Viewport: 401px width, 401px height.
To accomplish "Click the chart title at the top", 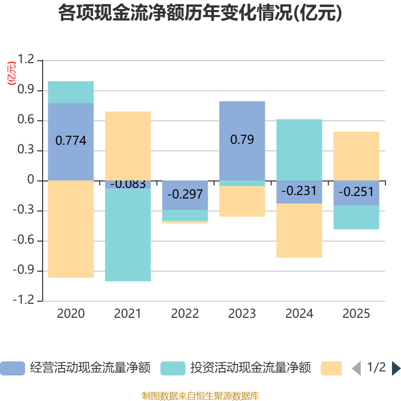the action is [x=200, y=13].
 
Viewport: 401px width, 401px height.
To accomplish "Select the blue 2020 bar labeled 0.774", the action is [x=71, y=142].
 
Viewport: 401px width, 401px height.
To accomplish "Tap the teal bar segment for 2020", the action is [x=71, y=92].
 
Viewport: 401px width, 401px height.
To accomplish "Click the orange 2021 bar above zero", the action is [x=128, y=146].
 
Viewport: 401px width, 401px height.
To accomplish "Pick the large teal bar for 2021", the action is [x=128, y=235].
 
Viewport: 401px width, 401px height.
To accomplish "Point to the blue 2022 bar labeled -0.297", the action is [x=185, y=195].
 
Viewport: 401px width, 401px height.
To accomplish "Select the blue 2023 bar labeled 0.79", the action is [x=242, y=141].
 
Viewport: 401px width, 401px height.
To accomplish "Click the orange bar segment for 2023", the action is [x=242, y=202].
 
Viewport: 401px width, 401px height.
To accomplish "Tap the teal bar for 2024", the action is [x=299, y=150].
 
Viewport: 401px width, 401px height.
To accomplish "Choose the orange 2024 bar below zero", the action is [x=299, y=231].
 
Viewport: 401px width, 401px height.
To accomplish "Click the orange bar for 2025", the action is [x=356, y=156].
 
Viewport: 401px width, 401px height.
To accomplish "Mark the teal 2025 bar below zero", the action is [x=356, y=218].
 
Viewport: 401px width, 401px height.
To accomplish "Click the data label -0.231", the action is [x=299, y=191].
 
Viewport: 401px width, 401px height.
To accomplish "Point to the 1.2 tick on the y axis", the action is [x=26, y=59].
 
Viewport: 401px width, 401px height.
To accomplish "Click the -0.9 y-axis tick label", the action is [x=24, y=270].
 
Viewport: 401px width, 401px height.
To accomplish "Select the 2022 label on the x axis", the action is [x=185, y=314].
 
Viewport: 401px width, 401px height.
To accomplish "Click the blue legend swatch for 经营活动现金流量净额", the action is [x=13, y=368].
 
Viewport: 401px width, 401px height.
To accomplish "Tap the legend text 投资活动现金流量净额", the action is [x=251, y=368].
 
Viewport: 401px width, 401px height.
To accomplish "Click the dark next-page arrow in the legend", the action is [x=396, y=368].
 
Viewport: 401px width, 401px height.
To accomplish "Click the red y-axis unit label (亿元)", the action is [x=12, y=73].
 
